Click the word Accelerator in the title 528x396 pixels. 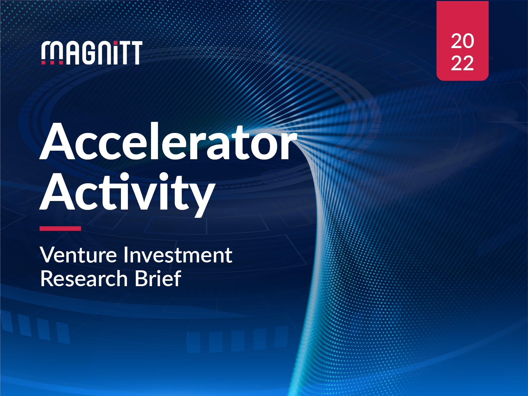(168, 142)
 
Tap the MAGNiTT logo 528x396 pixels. (92, 53)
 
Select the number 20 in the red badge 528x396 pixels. (462, 41)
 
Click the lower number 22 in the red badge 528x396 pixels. (462, 63)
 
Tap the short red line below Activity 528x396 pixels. (60, 229)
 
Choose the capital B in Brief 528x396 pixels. (141, 279)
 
